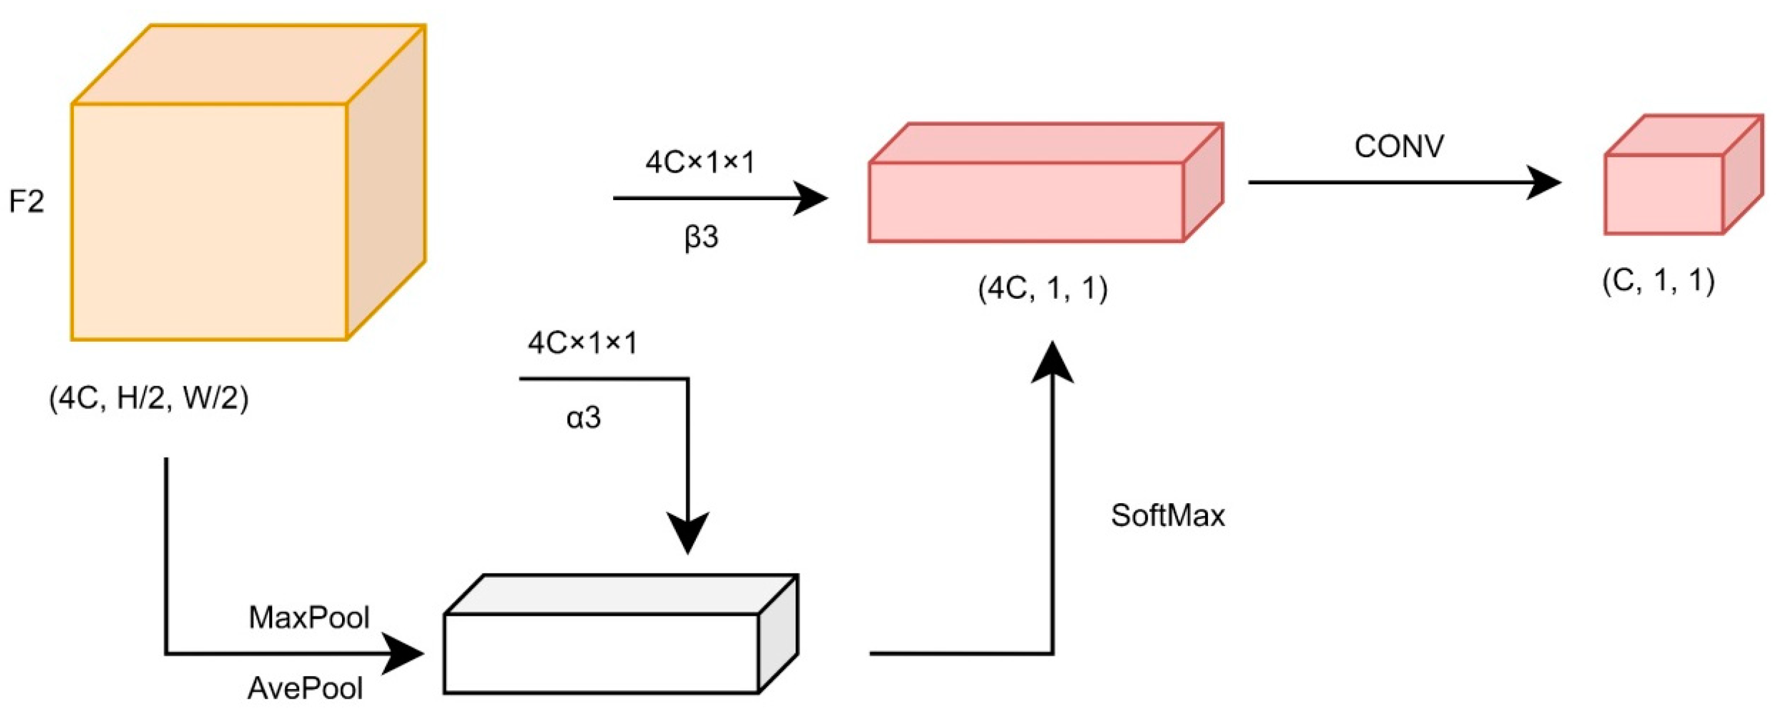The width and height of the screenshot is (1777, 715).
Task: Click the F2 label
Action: [26, 202]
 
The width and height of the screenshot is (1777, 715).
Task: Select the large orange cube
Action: [228, 200]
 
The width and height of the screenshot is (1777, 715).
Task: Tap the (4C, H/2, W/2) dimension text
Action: [148, 399]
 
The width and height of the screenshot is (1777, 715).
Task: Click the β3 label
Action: [701, 237]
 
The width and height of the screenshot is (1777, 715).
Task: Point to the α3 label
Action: [584, 417]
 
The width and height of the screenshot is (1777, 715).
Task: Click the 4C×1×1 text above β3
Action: [700, 163]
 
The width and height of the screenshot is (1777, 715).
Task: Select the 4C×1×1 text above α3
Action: [583, 343]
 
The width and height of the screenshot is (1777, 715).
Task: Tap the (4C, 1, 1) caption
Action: [1042, 288]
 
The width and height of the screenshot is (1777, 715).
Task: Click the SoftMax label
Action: [1168, 515]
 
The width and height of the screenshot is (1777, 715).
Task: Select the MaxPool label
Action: [309, 618]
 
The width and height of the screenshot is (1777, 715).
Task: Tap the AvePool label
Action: [305, 688]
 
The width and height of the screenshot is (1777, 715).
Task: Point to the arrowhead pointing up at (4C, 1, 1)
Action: [1052, 362]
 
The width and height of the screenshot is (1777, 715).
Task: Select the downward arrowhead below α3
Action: [688, 533]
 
